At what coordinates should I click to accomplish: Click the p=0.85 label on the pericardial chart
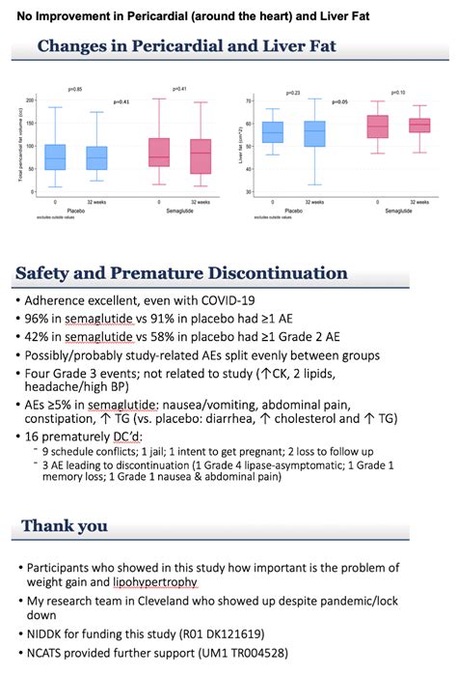point(72,89)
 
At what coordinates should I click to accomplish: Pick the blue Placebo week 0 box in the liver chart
point(273,131)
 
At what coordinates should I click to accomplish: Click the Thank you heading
point(65,525)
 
